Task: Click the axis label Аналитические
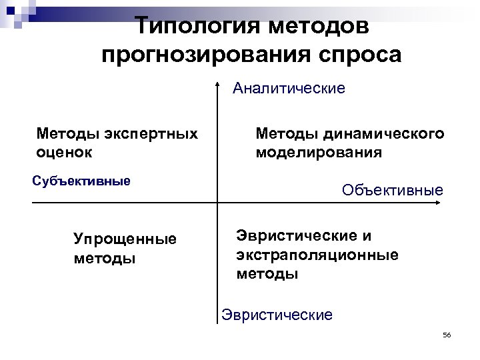pyautogui.click(x=289, y=89)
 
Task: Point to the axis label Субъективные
pyautogui.click(x=81, y=181)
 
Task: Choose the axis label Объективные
pyautogui.click(x=392, y=191)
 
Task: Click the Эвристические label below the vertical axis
pyautogui.click(x=277, y=315)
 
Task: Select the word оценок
pyautogui.click(x=65, y=152)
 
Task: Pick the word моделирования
pyautogui.click(x=319, y=152)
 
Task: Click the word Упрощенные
pyautogui.click(x=125, y=239)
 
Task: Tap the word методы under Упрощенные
pyautogui.click(x=104, y=257)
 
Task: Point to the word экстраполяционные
pyautogui.click(x=317, y=255)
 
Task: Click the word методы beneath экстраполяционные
pyautogui.click(x=267, y=273)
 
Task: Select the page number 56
pyautogui.click(x=447, y=334)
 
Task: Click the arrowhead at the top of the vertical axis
pyautogui.click(x=218, y=84)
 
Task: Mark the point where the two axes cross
pyautogui.click(x=218, y=202)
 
